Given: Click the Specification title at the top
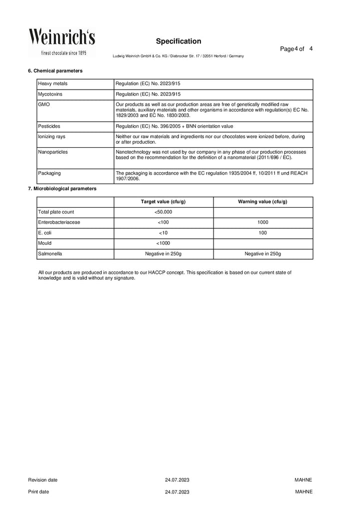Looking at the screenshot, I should pos(178,41).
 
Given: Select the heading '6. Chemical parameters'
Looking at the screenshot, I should pos(55,71).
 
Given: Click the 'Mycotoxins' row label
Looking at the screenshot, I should pos(49,94).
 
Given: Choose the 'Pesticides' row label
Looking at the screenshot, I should pos(48,126).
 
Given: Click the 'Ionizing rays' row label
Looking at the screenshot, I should pos(51,136).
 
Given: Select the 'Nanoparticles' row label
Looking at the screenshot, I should pos(53,151).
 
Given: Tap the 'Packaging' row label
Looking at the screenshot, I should pos(49,173).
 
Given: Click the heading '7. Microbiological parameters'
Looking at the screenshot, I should pos(62,189).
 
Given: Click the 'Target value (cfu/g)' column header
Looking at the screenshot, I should pos(163,202).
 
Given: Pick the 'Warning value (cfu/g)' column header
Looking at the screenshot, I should pos(262,202).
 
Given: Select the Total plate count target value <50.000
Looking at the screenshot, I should pos(163,212).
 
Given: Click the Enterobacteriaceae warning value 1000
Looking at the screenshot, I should pos(262,222).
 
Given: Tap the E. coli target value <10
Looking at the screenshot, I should pos(163,233).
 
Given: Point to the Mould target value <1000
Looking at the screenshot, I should pos(163,243).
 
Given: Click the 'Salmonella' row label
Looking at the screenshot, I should pos(50,254).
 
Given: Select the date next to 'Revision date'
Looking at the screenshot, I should pos(177,480).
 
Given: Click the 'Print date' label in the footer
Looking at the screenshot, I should pos(38,491).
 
